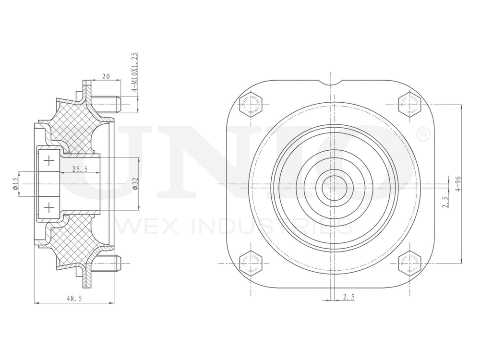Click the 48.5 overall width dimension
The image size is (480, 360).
pyautogui.click(x=74, y=298)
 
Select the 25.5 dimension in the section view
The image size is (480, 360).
pyautogui.click(x=79, y=169)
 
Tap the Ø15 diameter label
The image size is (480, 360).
pyautogui.click(x=16, y=184)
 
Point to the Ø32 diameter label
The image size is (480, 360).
pyautogui.click(x=136, y=184)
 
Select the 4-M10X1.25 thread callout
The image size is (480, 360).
pyautogui.click(x=135, y=72)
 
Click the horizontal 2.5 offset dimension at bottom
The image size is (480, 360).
pyautogui.click(x=348, y=297)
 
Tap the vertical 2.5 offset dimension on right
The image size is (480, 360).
pyautogui.click(x=446, y=201)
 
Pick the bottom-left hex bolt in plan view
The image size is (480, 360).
pyautogui.click(x=251, y=263)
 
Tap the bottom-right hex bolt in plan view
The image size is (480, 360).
pyautogui.click(x=409, y=263)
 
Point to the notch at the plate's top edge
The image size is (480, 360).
pyautogui.click(x=331, y=83)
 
